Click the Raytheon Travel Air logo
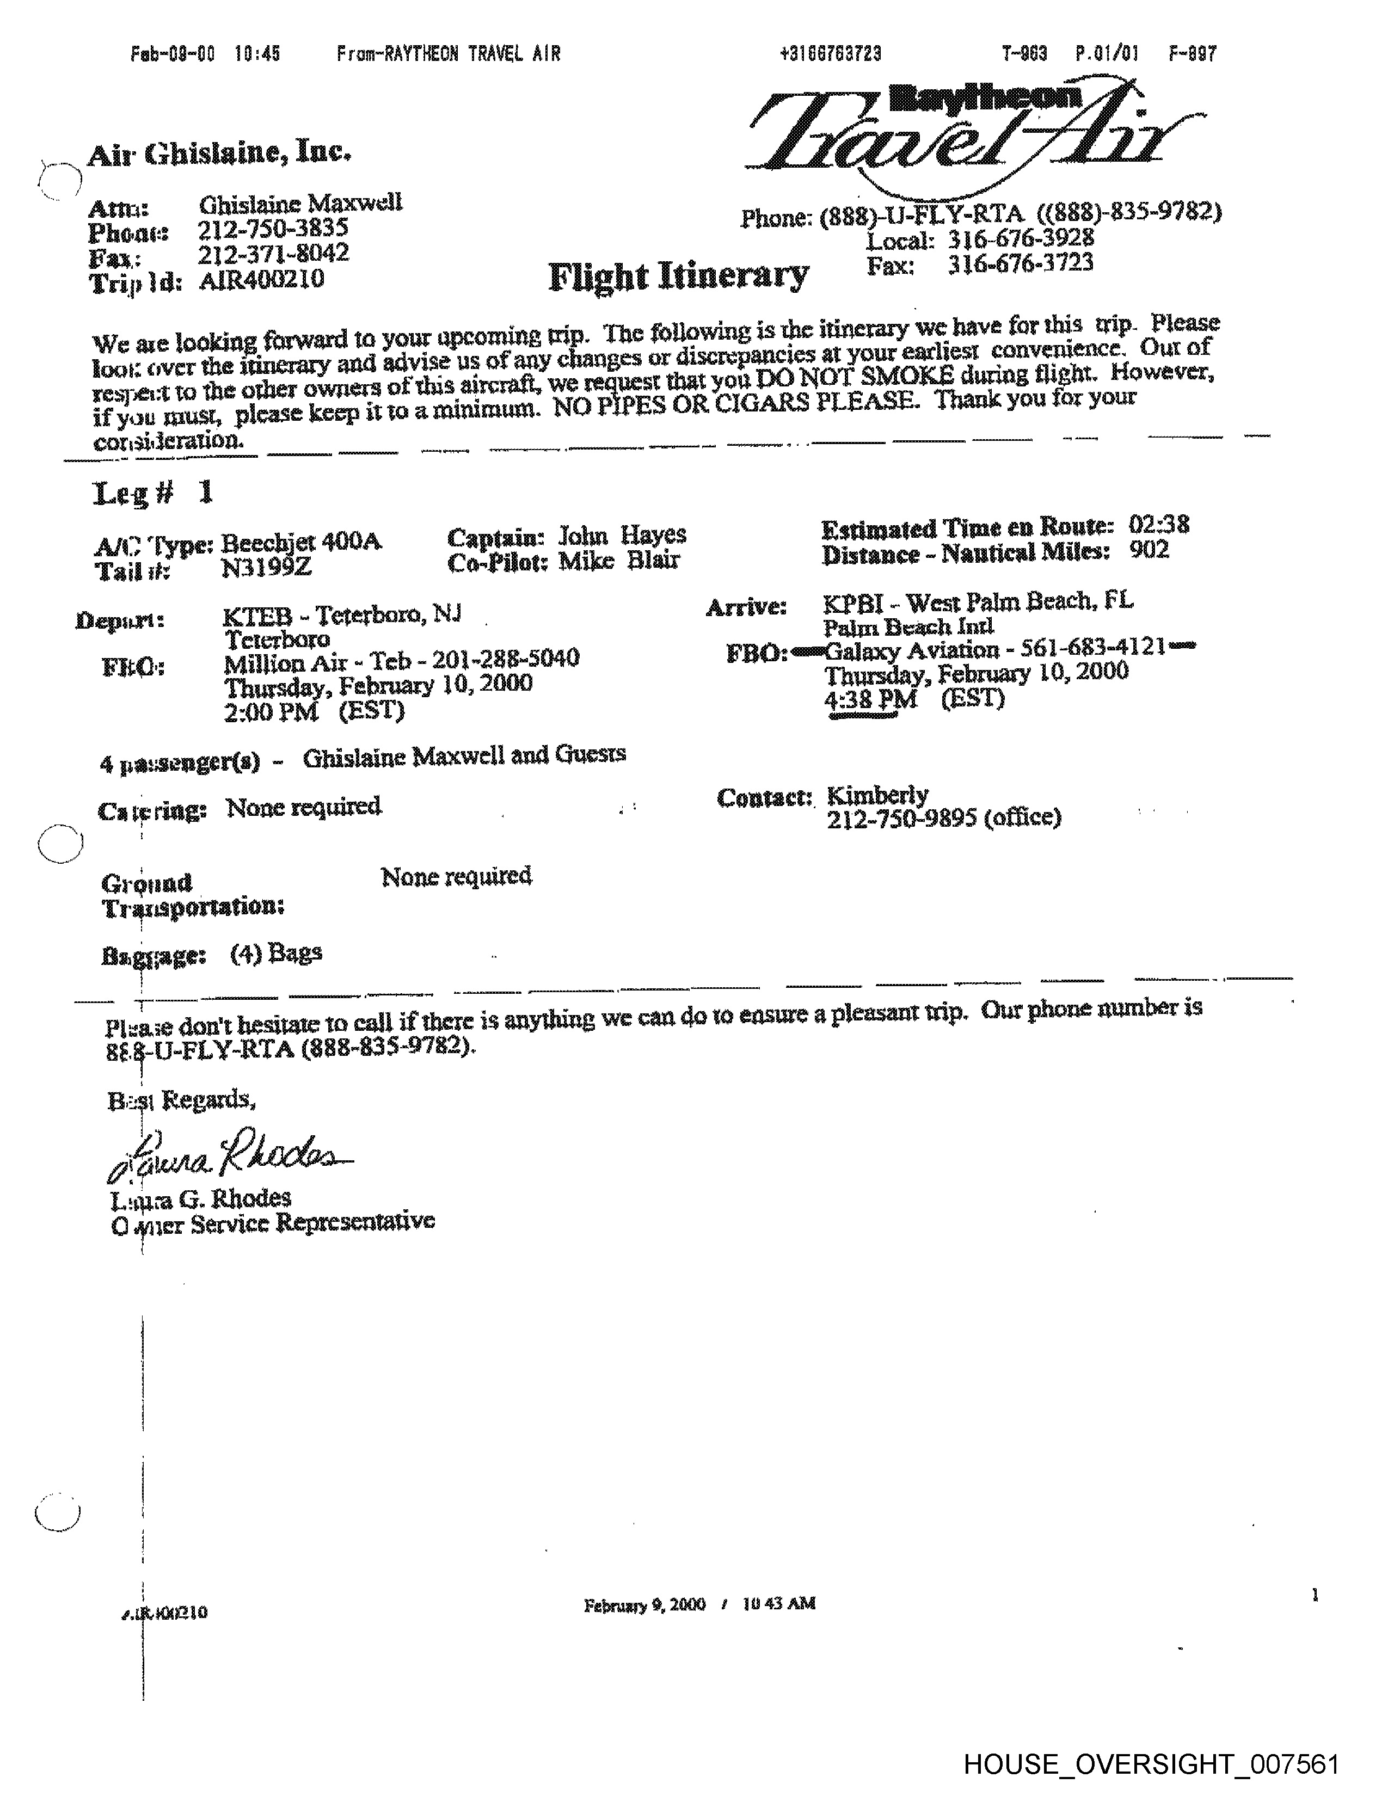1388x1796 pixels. pyautogui.click(x=971, y=132)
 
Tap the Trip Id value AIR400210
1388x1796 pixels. pyautogui.click(x=261, y=280)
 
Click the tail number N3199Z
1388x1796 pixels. pyautogui.click(x=266, y=568)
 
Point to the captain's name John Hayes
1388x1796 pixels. pyautogui.click(x=623, y=536)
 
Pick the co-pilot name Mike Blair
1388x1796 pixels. pyautogui.click(x=619, y=561)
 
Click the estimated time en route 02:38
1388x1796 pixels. pyautogui.click(x=1159, y=524)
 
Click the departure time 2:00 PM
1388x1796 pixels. pyautogui.click(x=271, y=711)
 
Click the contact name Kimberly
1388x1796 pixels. pyautogui.click(x=877, y=795)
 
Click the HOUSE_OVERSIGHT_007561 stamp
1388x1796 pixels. pyautogui.click(x=1151, y=1764)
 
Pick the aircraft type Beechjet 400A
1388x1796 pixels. pyautogui.click(x=301, y=543)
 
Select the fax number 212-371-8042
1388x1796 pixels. pyautogui.click(x=274, y=253)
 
